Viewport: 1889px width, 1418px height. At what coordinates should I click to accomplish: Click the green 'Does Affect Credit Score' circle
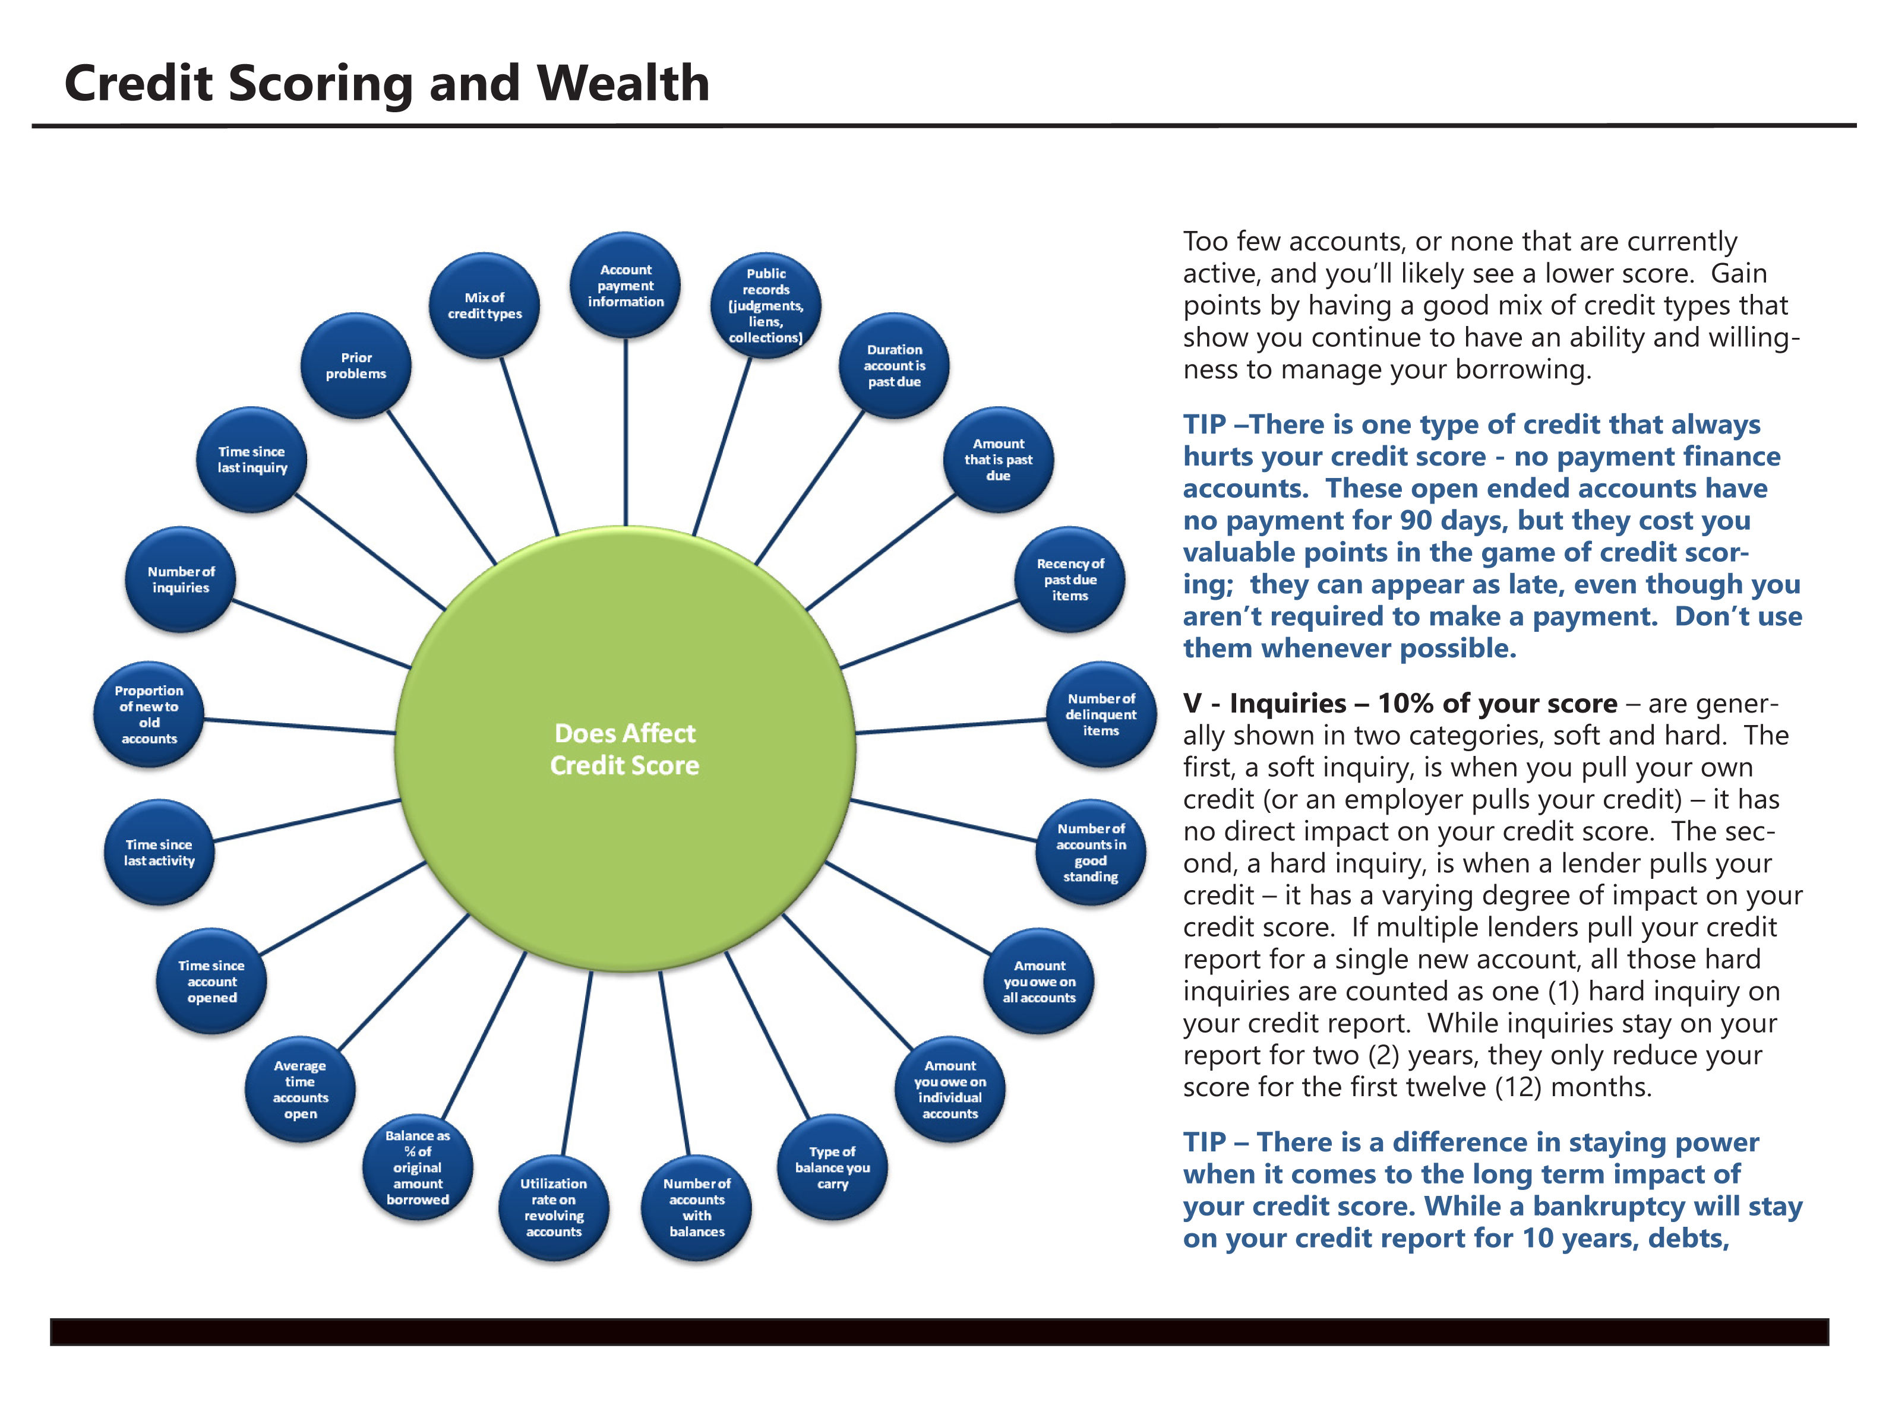click(625, 749)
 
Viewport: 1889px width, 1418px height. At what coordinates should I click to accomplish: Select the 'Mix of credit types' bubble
click(484, 306)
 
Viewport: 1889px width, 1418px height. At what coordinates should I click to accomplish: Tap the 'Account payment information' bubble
click(625, 285)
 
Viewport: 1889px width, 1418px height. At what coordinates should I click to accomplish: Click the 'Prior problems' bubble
click(356, 365)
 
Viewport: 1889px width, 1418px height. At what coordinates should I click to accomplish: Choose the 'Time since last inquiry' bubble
click(252, 459)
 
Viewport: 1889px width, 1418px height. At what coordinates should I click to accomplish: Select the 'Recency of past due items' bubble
click(1070, 580)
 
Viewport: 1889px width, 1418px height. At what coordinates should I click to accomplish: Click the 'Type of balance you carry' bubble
click(833, 1167)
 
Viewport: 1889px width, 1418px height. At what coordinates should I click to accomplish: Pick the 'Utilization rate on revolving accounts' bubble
click(554, 1207)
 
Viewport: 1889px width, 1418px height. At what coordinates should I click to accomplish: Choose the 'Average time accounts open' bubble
click(301, 1089)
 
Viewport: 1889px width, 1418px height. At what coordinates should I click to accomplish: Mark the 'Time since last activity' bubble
click(159, 852)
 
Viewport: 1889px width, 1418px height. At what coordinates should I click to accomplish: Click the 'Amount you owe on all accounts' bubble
click(1040, 981)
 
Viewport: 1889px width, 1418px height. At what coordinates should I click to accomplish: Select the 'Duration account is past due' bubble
click(894, 365)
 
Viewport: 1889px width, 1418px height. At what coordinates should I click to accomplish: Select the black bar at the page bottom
click(939, 1332)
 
